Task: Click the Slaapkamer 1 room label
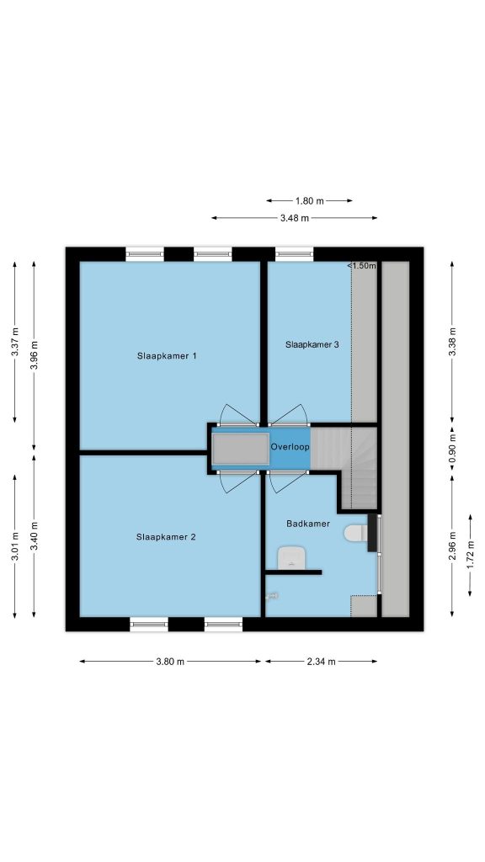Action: click(167, 356)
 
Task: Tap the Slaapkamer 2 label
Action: click(166, 537)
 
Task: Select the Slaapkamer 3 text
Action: click(312, 344)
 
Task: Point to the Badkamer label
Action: click(308, 524)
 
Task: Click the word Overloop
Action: click(290, 447)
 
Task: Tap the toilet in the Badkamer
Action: click(356, 533)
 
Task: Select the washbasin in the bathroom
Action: click(290, 558)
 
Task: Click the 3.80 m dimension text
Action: click(170, 662)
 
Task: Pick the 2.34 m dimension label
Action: click(321, 662)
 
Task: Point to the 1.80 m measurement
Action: click(310, 200)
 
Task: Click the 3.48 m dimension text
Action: click(295, 218)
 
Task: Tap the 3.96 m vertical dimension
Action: click(34, 356)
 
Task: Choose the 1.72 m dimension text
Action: click(470, 555)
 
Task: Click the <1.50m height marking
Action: click(362, 266)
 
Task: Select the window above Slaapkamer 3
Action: click(294, 254)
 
